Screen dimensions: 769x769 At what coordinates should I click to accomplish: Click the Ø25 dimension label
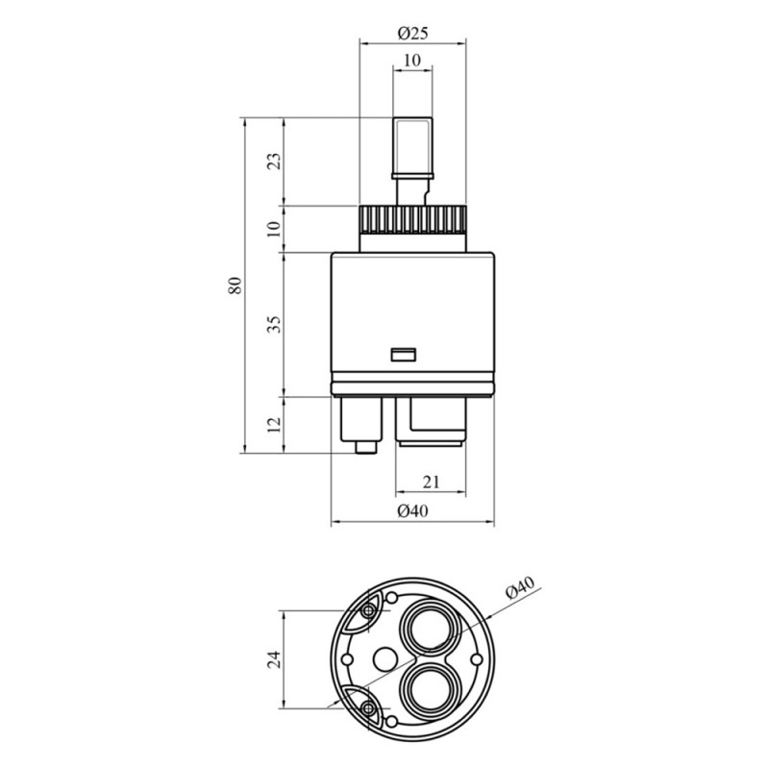pos(413,33)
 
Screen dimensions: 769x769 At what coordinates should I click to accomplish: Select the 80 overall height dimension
pos(235,285)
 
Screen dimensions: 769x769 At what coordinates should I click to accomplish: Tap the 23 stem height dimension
pos(275,161)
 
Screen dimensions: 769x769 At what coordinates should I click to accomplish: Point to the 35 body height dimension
pos(275,324)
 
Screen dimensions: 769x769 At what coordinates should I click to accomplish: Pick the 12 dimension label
pos(275,424)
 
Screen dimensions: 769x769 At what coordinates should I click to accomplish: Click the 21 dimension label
pos(431,483)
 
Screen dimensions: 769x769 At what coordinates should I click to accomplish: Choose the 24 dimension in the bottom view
pos(275,658)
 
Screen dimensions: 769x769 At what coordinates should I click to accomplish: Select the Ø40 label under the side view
pos(413,511)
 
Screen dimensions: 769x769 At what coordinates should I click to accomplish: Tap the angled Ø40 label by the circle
pos(520,587)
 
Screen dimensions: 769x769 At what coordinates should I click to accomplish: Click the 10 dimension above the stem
pos(412,61)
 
